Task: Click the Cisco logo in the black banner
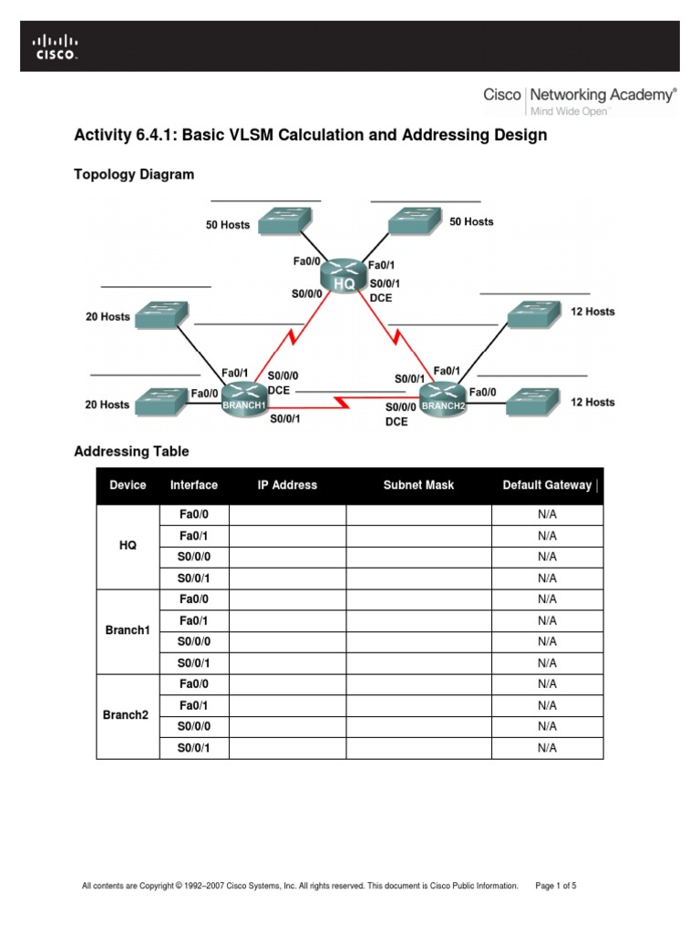[55, 46]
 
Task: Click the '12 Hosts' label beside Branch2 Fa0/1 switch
[592, 312]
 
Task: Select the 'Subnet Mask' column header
[418, 485]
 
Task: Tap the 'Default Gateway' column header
[547, 485]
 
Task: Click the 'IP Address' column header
[287, 485]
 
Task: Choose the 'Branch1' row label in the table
[127, 631]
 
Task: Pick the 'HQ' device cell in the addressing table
[128, 545]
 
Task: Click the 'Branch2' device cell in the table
[127, 715]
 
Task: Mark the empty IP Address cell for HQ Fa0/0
[287, 514]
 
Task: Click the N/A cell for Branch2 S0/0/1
[547, 748]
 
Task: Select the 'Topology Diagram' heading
[133, 174]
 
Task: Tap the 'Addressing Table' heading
[131, 451]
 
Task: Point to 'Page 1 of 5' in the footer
[556, 885]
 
